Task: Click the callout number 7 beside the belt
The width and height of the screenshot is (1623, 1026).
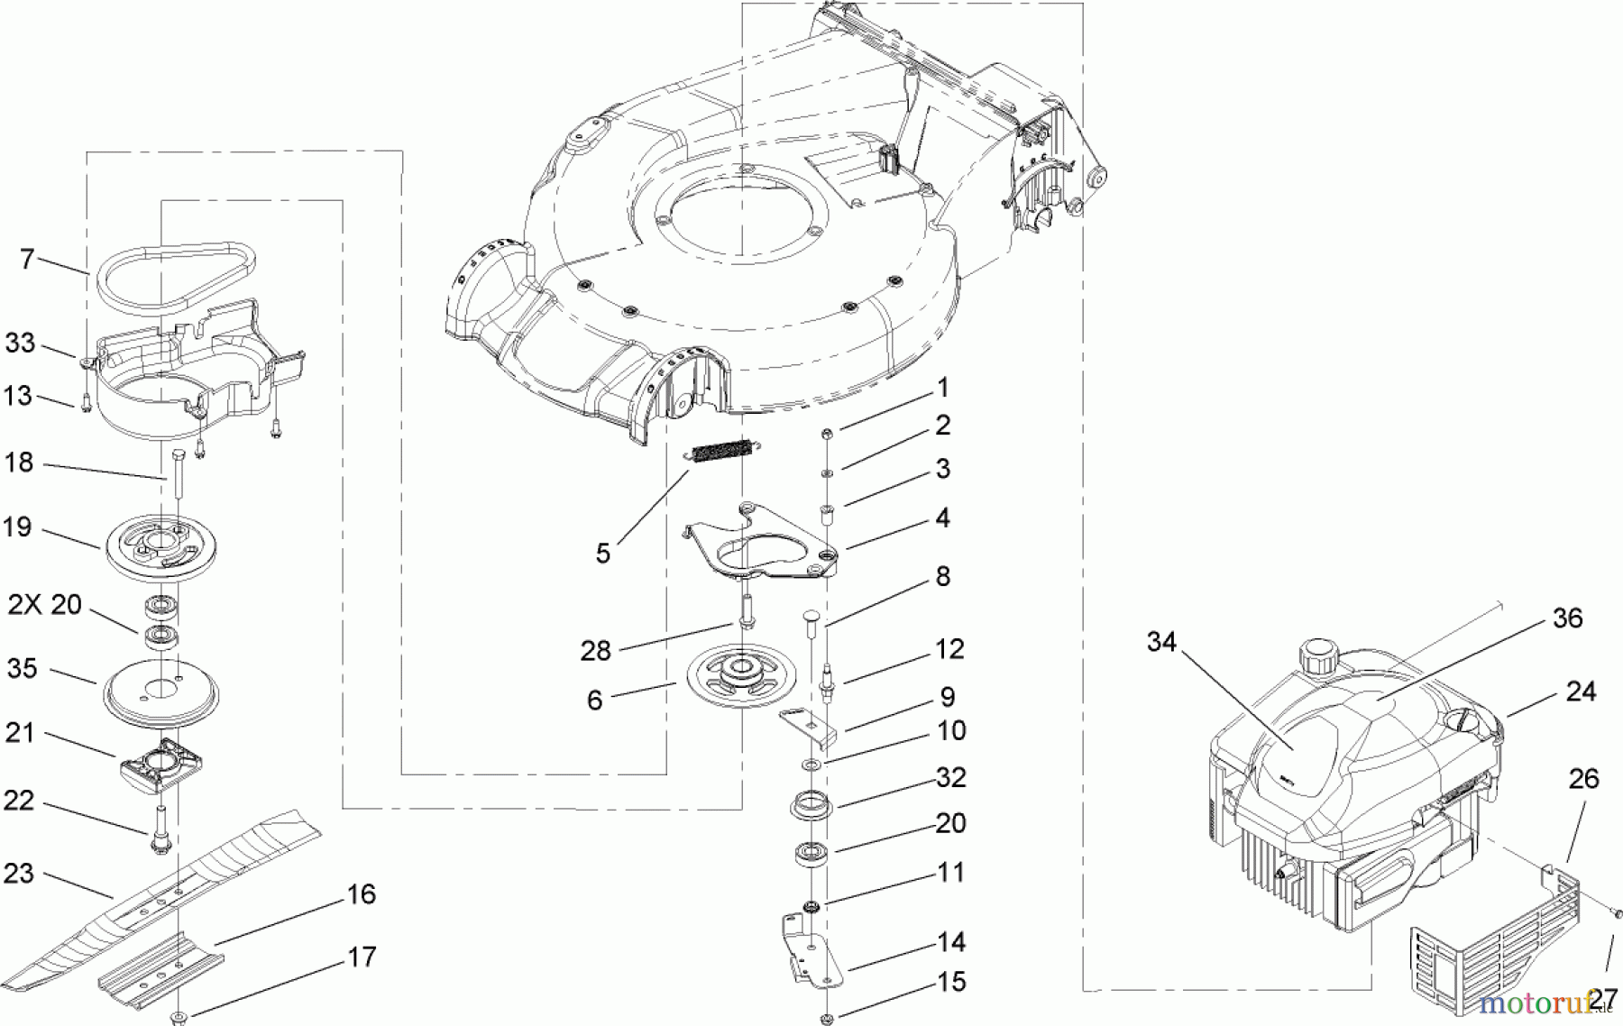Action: [x=27, y=260]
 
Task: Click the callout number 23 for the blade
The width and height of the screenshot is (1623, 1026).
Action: [x=19, y=873]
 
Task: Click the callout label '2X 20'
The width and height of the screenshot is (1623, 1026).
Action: [x=45, y=605]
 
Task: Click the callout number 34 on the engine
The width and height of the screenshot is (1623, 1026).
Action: [x=1162, y=642]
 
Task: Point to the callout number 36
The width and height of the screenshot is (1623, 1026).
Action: [x=1568, y=618]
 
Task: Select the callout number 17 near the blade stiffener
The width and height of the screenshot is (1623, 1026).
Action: [x=362, y=957]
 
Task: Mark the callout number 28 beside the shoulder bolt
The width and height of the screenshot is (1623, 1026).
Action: [x=595, y=650]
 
